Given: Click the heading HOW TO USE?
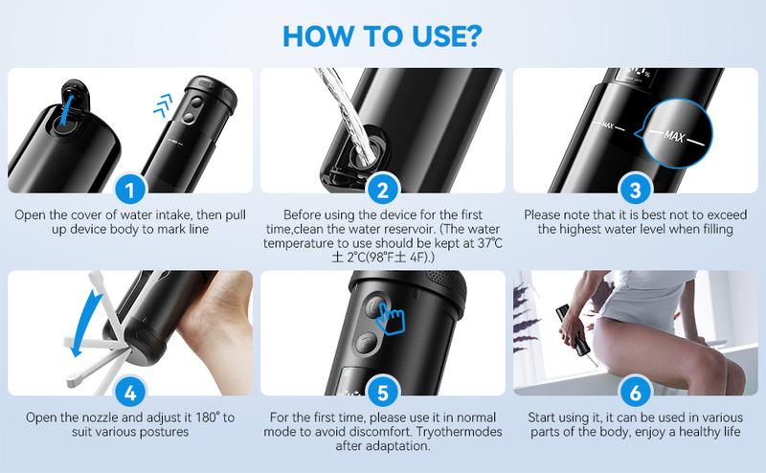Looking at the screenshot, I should pyautogui.click(x=383, y=31).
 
